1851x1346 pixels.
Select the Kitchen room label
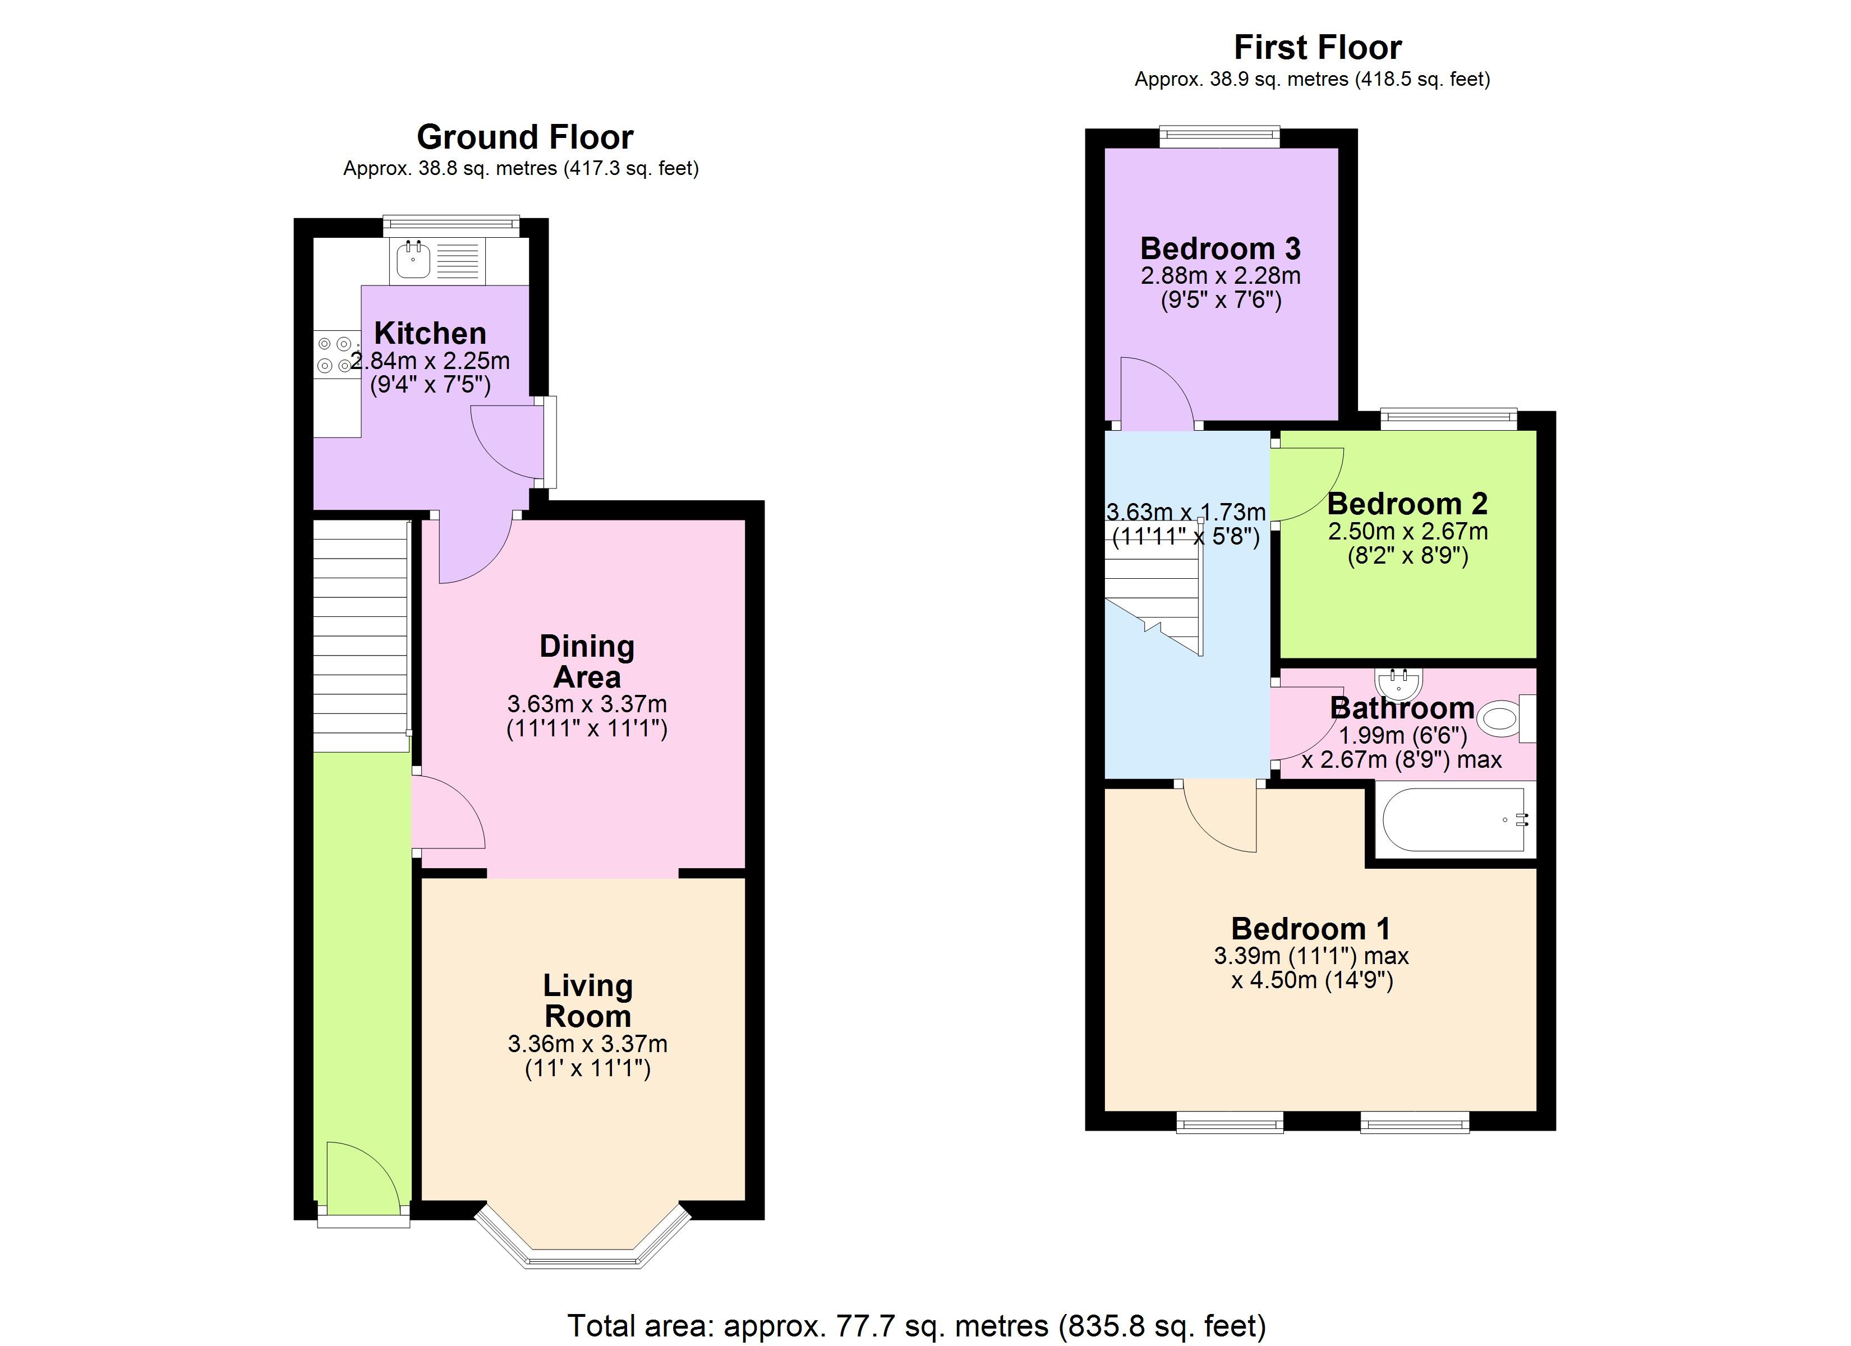click(x=430, y=333)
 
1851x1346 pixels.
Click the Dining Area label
click(x=587, y=661)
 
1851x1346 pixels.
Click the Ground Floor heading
click(x=525, y=137)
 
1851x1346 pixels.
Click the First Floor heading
click(x=1317, y=47)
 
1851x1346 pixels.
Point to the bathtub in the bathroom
click(x=1453, y=819)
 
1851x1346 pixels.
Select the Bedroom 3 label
click(x=1220, y=248)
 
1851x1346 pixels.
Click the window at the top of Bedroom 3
click(x=1220, y=136)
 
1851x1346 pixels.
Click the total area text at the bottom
click(x=917, y=1326)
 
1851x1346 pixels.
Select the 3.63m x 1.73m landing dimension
click(x=1186, y=512)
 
